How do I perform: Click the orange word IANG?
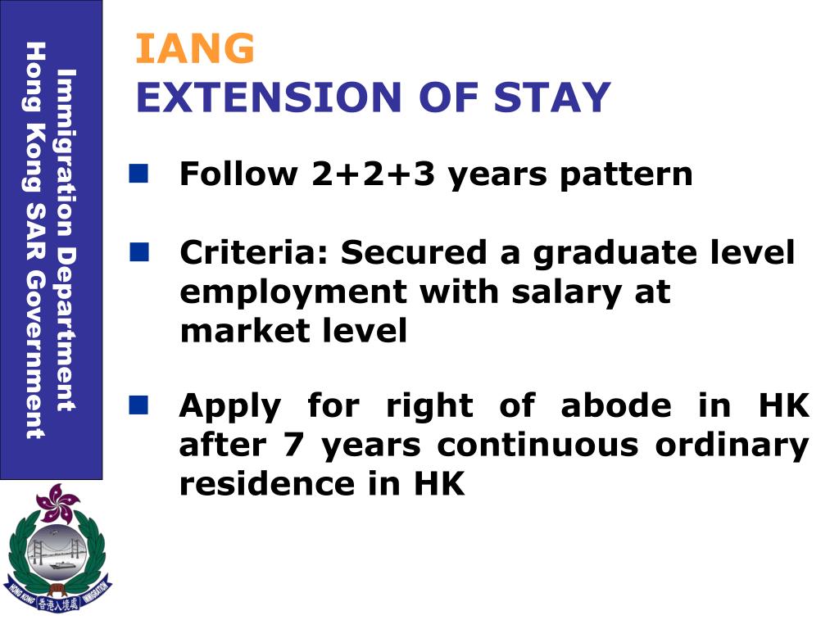pyautogui.click(x=195, y=49)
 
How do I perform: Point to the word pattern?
pyautogui.click(x=627, y=175)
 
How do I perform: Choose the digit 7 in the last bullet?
pyautogui.click(x=293, y=445)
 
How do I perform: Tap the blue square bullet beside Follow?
pyautogui.click(x=138, y=173)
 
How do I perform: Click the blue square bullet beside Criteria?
pyautogui.click(x=138, y=251)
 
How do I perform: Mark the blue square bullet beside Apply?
pyautogui.click(x=138, y=404)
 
